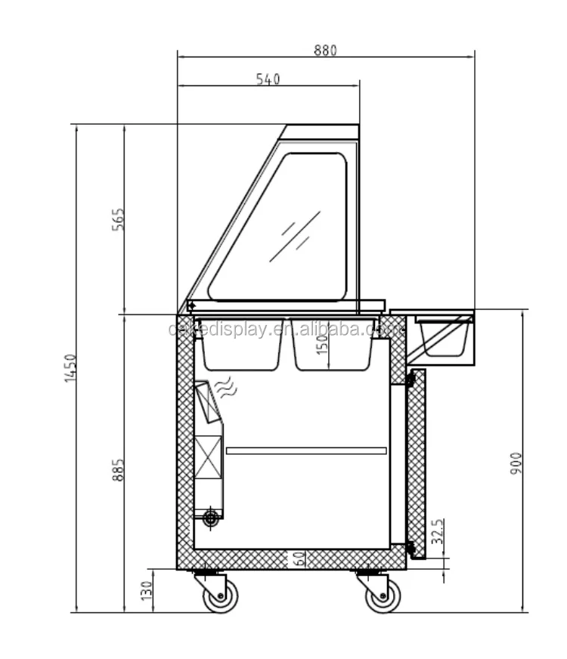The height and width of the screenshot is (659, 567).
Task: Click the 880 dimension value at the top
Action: click(x=326, y=50)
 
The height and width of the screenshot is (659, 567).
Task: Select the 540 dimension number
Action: click(x=268, y=79)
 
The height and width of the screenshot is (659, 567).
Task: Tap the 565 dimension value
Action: click(x=119, y=219)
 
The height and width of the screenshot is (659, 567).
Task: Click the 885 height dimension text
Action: click(x=119, y=469)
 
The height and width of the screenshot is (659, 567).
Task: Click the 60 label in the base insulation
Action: click(x=299, y=560)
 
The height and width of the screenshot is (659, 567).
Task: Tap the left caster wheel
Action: click(x=219, y=596)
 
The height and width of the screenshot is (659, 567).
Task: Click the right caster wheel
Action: click(x=383, y=596)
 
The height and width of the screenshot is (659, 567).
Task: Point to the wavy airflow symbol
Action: click(x=226, y=388)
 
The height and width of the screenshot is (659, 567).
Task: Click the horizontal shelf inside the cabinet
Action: click(x=305, y=451)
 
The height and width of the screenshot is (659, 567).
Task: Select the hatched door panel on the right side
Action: click(x=416, y=461)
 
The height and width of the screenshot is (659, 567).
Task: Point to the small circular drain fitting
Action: click(x=211, y=517)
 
